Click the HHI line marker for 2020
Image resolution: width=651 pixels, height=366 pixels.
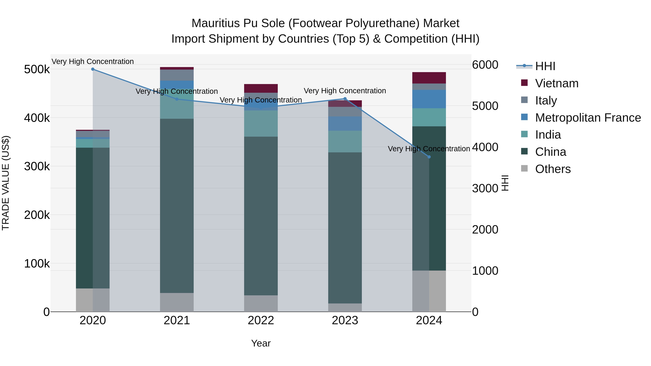click(93, 69)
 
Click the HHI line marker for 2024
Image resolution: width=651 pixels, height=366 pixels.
click(429, 157)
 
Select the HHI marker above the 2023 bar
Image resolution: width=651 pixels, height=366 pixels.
click(345, 99)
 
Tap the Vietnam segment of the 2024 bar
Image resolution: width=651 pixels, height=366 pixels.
click(429, 78)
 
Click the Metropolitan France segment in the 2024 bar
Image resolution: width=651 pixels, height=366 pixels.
click(429, 99)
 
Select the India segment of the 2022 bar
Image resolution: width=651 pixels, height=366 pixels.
click(261, 123)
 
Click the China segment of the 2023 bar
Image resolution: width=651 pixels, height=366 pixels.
click(345, 227)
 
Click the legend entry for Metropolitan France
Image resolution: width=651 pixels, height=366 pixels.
click(588, 118)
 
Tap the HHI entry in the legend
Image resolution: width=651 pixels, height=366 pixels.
click(545, 66)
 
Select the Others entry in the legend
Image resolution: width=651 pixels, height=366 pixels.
click(553, 169)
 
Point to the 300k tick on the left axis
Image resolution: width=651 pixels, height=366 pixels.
click(37, 166)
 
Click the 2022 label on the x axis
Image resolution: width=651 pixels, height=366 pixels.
click(261, 320)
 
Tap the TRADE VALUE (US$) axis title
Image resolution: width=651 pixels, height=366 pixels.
click(6, 183)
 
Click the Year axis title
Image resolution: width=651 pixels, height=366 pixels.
click(261, 343)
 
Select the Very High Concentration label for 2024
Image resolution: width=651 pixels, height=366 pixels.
click(429, 149)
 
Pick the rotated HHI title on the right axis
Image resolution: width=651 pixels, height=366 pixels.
click(505, 183)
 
